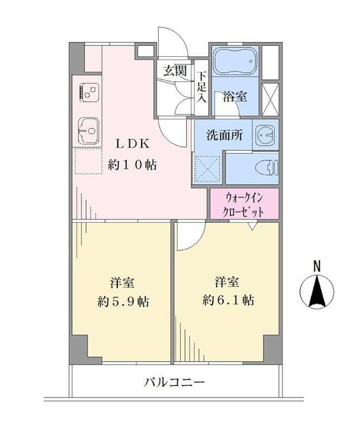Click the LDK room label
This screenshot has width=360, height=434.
point(132,144)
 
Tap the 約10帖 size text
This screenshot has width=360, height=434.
point(132,165)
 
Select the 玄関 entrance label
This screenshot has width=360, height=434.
point(174,71)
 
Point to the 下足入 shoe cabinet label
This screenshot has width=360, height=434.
point(202,87)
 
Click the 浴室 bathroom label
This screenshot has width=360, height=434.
point(235,97)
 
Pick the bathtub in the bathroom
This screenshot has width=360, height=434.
point(235,61)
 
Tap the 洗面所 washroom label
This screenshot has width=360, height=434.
point(225,135)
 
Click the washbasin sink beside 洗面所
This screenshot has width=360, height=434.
point(266,135)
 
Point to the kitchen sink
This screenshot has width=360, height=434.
point(89,131)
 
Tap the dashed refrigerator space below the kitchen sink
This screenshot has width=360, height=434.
point(88,161)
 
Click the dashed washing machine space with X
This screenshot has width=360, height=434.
point(207,169)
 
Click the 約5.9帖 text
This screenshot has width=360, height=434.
point(123,301)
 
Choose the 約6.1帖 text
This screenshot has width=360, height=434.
point(228,300)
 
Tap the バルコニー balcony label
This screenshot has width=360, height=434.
point(175,383)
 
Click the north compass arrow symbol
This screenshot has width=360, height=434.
point(317,292)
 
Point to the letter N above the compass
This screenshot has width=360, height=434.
point(317,266)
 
